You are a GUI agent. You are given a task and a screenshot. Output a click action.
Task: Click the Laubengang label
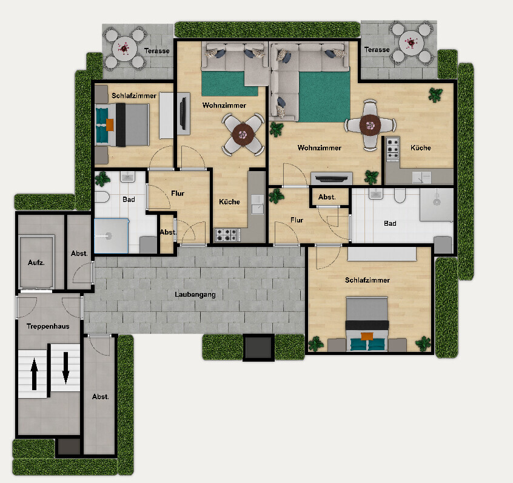(195, 294)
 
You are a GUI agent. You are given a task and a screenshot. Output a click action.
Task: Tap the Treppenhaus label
(48, 326)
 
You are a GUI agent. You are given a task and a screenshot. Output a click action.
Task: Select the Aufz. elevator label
(36, 262)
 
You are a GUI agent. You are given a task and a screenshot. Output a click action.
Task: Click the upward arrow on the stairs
(34, 374)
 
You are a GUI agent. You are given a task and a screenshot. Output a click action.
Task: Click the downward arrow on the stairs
(65, 368)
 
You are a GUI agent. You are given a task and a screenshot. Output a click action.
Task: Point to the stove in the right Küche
(392, 149)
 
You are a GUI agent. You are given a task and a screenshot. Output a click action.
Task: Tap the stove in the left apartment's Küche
(227, 235)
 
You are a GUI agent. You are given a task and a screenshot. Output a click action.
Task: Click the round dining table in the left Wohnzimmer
(243, 134)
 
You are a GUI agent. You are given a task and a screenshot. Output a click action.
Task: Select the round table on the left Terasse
(124, 49)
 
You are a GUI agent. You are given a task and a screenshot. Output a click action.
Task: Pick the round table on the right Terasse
(411, 43)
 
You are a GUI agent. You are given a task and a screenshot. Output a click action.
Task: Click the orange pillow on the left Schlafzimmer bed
(110, 125)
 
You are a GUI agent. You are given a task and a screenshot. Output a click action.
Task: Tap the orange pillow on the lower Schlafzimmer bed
(367, 336)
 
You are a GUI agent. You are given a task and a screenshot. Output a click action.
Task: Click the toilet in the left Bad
(102, 197)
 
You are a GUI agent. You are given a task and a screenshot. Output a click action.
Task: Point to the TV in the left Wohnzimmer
(183, 113)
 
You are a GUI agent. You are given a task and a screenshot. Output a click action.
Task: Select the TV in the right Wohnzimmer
(332, 178)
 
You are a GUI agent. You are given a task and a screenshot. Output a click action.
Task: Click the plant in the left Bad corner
(102, 179)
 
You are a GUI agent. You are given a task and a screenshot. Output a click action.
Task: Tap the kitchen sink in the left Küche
(258, 204)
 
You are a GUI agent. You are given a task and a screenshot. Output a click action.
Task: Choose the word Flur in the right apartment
(297, 220)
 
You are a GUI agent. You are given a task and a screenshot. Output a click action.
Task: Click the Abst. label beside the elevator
(79, 254)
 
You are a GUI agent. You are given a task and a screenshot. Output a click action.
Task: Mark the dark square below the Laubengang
(258, 348)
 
